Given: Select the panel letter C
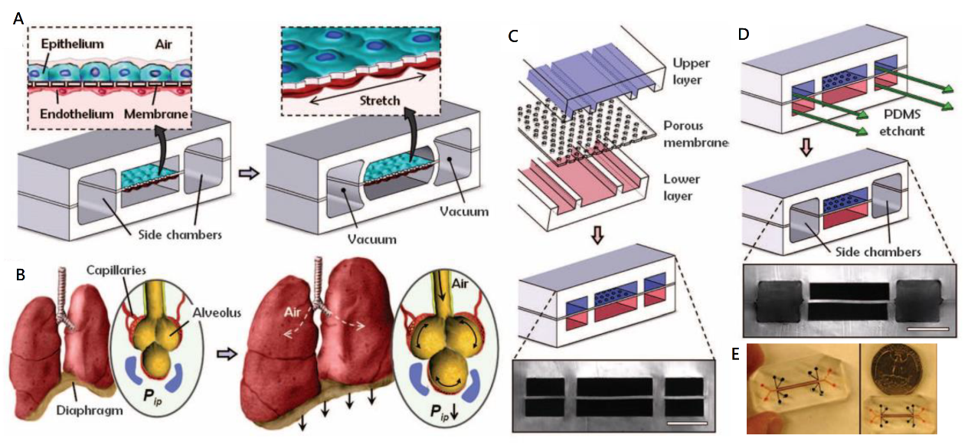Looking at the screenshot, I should tap(514, 36).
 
